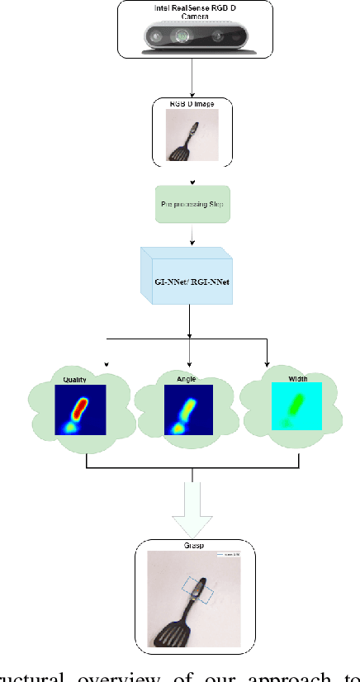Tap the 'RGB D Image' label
[192, 104]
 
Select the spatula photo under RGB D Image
[192, 135]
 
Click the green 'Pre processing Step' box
[192, 202]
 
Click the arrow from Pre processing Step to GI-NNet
[192, 237]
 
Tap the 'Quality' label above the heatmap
[75, 380]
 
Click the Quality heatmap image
[82, 410]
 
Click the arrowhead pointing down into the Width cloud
[267, 362]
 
